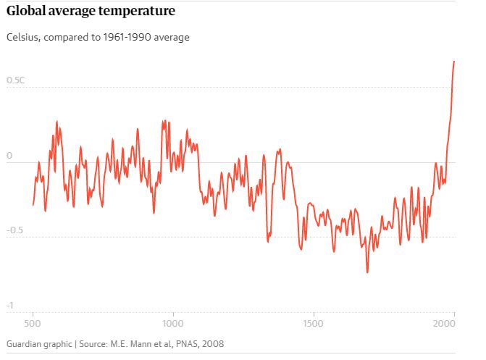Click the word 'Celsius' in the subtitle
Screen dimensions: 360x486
22,37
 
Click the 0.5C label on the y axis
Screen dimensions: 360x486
15,80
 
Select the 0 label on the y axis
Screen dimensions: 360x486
9,156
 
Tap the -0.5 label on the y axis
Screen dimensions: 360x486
15,230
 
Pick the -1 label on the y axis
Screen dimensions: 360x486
10,306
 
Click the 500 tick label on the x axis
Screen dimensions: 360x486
33,322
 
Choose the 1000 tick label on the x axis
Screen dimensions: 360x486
172,322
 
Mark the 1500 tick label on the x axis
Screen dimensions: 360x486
313,322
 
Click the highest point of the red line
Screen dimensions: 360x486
454,62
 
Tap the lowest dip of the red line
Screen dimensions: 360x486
367,272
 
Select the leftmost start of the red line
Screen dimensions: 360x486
33,205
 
